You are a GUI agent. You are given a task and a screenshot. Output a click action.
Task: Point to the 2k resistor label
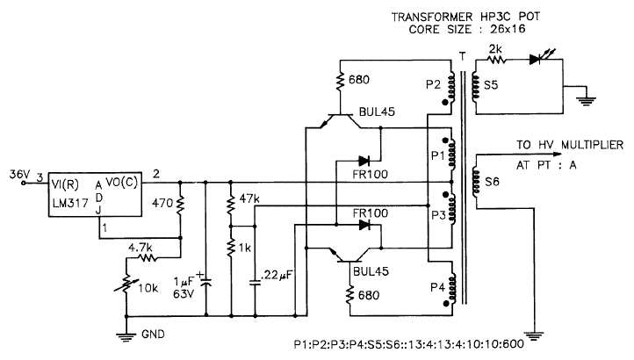[x=497, y=48]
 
